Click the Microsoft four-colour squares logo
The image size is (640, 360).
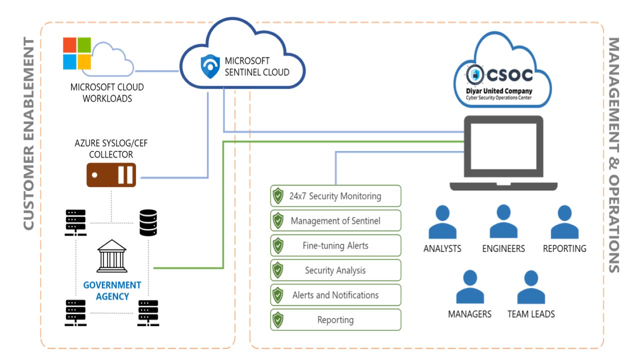click(76, 53)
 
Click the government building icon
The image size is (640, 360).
click(112, 254)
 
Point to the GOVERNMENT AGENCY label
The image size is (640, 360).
click(112, 290)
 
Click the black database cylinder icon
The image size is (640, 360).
click(148, 222)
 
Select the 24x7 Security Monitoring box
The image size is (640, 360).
click(335, 196)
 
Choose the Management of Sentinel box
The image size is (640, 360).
click(335, 220)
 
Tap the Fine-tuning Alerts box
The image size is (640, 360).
click(335, 245)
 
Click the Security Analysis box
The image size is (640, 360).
click(335, 270)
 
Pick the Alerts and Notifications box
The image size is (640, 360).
click(335, 295)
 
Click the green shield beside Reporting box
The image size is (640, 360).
click(277, 320)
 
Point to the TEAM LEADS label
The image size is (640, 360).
click(531, 314)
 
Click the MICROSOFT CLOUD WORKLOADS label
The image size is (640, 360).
click(107, 93)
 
